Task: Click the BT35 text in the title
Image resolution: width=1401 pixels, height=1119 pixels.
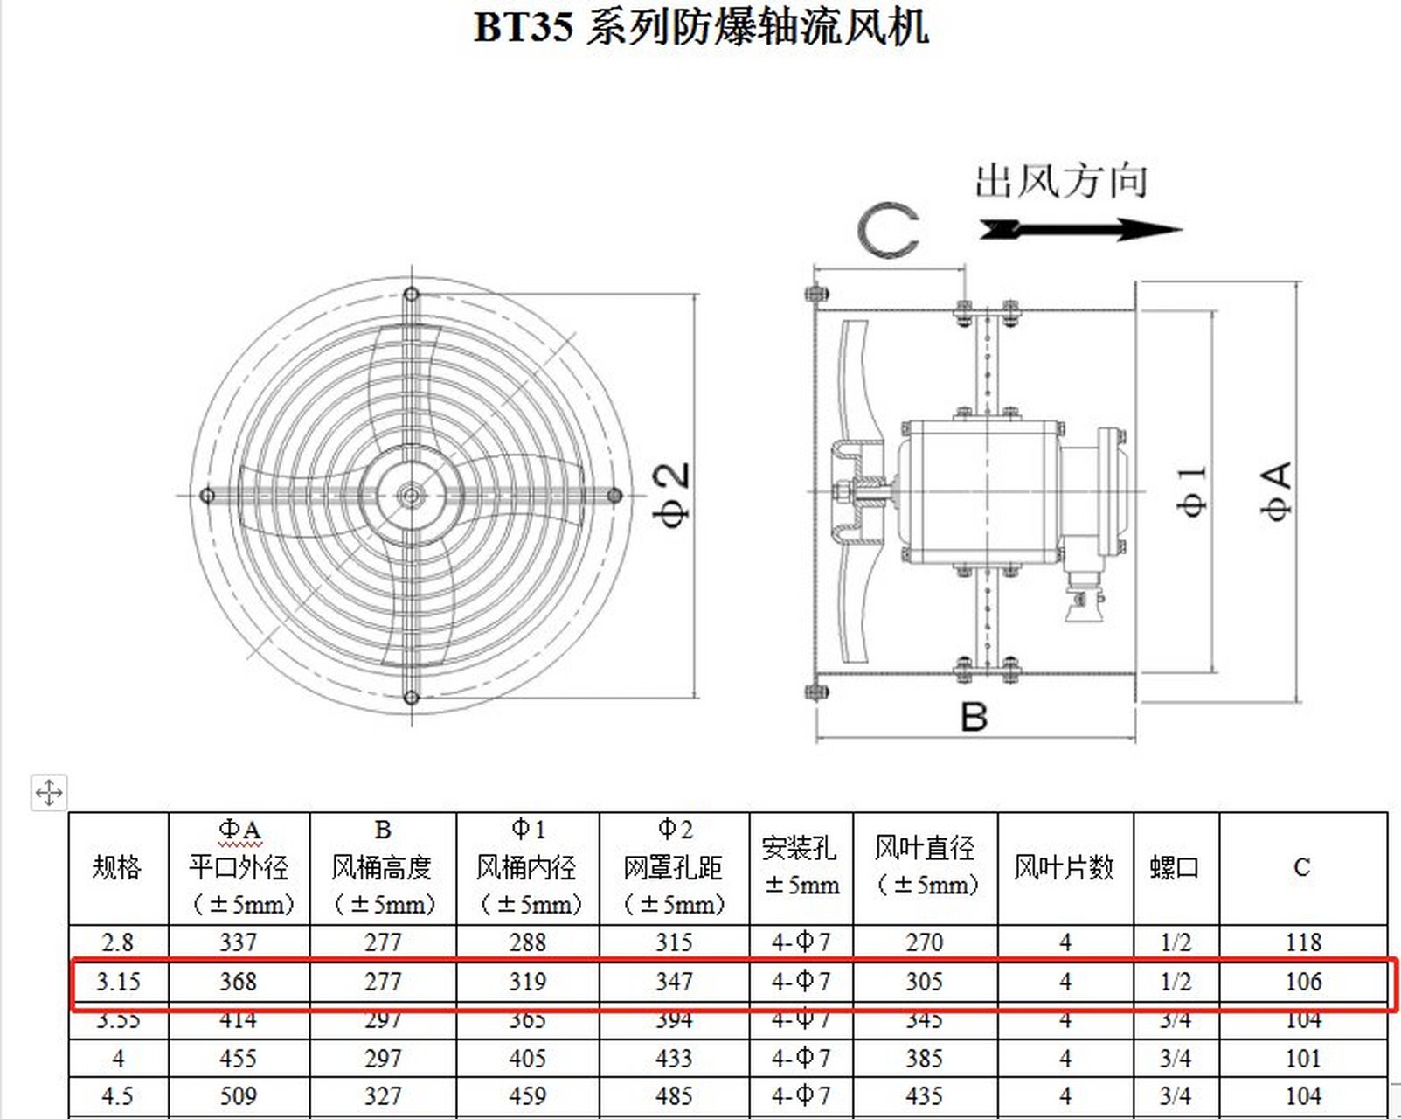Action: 523,27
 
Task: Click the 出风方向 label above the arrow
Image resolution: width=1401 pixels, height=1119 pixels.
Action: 1060,182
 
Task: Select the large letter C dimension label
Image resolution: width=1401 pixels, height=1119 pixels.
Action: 888,231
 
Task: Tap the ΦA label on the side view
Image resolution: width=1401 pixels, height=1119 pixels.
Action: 1277,492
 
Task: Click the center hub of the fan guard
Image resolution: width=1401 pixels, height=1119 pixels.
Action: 411,496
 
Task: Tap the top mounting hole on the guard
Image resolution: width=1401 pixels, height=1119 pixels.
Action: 412,295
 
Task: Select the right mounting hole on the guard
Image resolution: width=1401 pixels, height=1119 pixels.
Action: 614,496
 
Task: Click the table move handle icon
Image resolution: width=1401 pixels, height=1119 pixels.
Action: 48,793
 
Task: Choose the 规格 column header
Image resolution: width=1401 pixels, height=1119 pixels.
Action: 117,867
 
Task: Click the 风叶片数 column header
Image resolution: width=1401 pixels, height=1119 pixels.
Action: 1064,867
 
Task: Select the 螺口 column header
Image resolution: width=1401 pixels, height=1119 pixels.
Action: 1175,867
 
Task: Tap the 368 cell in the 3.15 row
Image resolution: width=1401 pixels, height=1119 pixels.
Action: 238,982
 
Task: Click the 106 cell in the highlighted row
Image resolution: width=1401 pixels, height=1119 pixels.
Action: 1303,982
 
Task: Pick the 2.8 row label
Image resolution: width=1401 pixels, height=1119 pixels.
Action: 117,942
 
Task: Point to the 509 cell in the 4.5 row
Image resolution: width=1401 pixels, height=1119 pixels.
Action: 238,1096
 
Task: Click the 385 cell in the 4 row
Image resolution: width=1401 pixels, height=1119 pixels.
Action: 924,1059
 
